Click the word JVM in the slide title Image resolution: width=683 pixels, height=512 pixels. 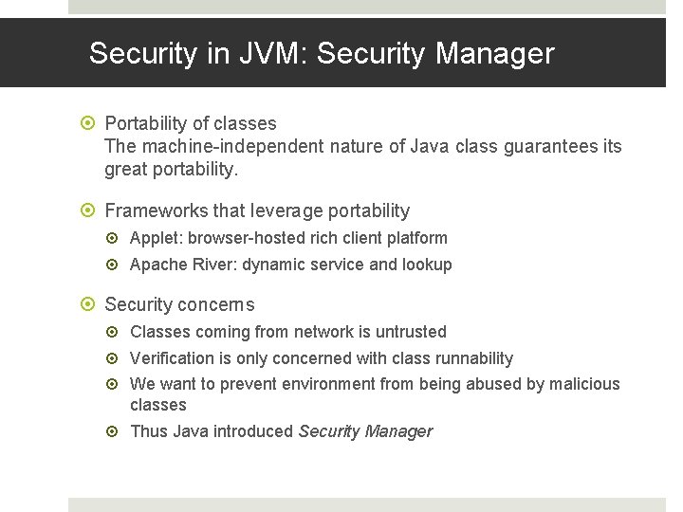click(x=269, y=54)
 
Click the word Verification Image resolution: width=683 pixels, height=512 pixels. click(x=171, y=358)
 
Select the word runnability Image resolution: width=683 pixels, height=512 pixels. click(x=472, y=358)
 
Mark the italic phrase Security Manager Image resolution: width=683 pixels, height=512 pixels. click(x=365, y=431)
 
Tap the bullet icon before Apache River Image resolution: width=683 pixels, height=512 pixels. click(x=116, y=265)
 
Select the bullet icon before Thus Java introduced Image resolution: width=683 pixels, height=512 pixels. click(x=116, y=431)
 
